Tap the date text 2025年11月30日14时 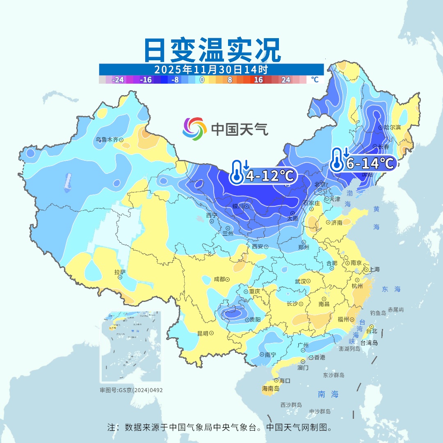[x=211, y=69]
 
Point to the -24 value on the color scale [x=118, y=80]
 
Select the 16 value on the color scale [x=258, y=80]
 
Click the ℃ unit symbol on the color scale [x=315, y=80]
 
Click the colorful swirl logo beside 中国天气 [x=194, y=128]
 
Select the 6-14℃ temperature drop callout [x=363, y=163]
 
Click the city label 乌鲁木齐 [x=107, y=139]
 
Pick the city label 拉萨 [x=119, y=272]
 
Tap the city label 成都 [x=219, y=279]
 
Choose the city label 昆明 [x=203, y=333]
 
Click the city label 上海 [x=374, y=269]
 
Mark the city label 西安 [x=257, y=247]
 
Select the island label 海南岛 [x=271, y=388]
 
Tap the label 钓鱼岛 [x=377, y=313]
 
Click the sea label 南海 [x=328, y=394]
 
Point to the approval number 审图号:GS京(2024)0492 [x=131, y=390]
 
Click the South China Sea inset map [x=131, y=347]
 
